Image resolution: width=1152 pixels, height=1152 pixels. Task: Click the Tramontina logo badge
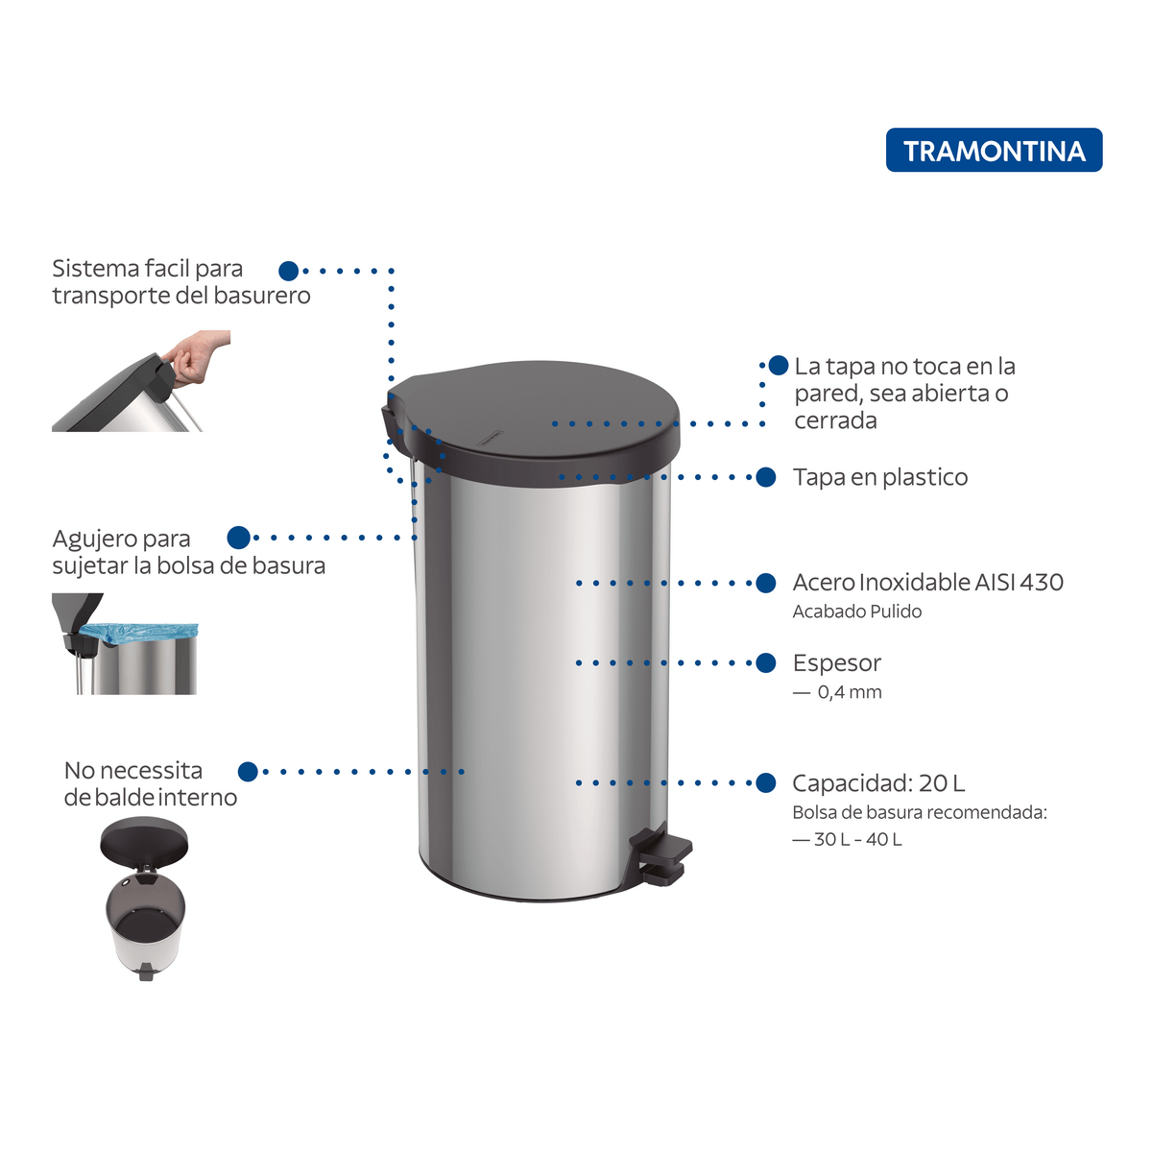(x=994, y=150)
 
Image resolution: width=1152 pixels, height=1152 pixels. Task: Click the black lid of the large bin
(x=531, y=422)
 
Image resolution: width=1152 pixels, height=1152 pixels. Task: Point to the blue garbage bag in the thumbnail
(x=138, y=633)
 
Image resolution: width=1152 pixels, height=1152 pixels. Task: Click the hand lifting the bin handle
(x=197, y=356)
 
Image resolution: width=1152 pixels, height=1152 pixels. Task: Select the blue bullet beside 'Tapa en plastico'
(x=766, y=477)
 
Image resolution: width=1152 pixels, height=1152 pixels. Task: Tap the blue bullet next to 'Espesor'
(x=766, y=662)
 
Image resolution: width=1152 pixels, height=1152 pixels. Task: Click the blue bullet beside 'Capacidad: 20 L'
(x=766, y=782)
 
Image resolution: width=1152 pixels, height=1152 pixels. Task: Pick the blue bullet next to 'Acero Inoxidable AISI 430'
(x=766, y=583)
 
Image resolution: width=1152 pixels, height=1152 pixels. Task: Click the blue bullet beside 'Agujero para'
(x=238, y=538)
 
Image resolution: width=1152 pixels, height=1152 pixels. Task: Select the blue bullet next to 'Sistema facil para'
(x=289, y=271)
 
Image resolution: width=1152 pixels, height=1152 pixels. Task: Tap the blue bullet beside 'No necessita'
(x=248, y=771)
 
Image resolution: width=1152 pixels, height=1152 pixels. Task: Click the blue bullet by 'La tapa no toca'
(x=779, y=365)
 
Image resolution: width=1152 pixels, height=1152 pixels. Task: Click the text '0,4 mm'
(x=850, y=692)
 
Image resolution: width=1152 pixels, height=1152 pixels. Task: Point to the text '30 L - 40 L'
(x=858, y=839)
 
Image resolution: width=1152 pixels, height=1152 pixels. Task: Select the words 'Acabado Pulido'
(x=856, y=612)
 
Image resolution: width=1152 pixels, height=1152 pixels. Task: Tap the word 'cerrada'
(x=835, y=420)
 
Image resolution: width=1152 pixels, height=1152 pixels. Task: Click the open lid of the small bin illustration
(x=144, y=840)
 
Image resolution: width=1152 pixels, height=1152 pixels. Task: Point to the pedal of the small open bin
(x=145, y=972)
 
